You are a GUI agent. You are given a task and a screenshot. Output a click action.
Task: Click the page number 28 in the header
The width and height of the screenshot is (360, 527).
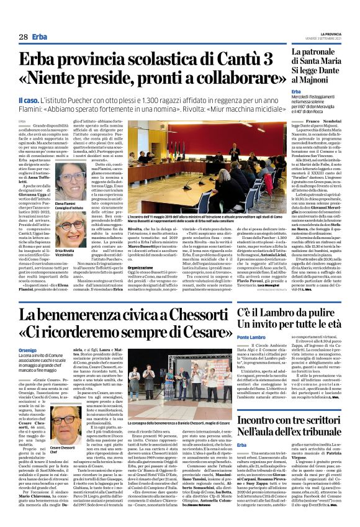click(x=23, y=37)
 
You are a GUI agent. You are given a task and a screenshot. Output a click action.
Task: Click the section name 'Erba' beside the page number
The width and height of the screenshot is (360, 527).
click(x=40, y=37)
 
